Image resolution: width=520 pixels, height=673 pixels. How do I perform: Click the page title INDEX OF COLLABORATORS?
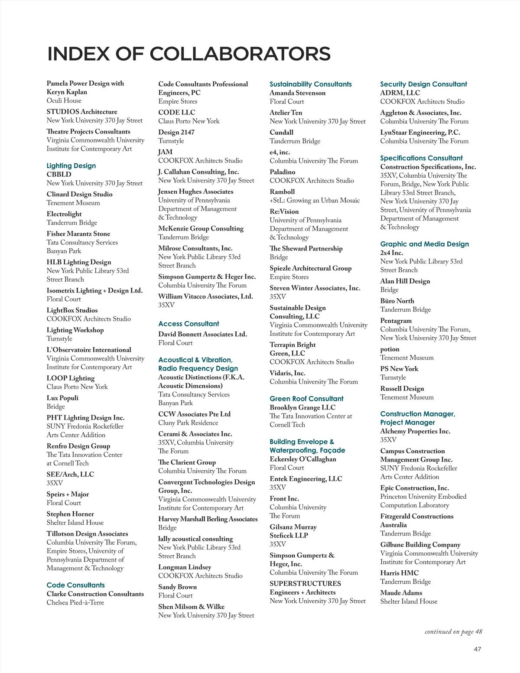[188, 54]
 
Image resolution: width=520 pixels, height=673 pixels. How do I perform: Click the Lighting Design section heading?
[71, 166]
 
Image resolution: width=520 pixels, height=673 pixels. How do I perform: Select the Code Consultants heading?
[75, 585]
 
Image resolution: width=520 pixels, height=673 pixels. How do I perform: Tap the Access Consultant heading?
[188, 324]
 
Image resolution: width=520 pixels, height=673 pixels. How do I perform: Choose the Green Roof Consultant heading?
[306, 399]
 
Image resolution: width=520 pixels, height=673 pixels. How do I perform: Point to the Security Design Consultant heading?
[423, 84]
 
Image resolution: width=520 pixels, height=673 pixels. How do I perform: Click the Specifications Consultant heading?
[421, 158]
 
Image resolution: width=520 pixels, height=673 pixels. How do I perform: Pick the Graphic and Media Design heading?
[424, 244]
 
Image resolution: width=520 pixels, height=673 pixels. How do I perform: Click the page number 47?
[477, 649]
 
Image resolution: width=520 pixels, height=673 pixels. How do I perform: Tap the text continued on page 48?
[453, 631]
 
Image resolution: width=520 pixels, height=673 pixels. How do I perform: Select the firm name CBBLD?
[59, 174]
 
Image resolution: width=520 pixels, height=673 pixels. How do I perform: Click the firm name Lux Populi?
[62, 398]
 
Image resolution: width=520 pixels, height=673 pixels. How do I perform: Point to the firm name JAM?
[165, 152]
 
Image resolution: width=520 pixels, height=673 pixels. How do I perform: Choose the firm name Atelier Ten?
[286, 113]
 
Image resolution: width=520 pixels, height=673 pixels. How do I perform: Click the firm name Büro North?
[397, 301]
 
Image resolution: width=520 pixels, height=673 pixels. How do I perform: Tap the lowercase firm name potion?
[390, 349]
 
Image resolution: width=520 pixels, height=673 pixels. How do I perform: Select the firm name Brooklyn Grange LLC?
[302, 407]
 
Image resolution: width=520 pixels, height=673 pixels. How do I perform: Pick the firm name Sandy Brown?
[177, 587]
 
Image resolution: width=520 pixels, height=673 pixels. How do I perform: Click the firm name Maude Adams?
[401, 593]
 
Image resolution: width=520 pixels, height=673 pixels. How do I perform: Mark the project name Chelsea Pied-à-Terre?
[75, 602]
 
